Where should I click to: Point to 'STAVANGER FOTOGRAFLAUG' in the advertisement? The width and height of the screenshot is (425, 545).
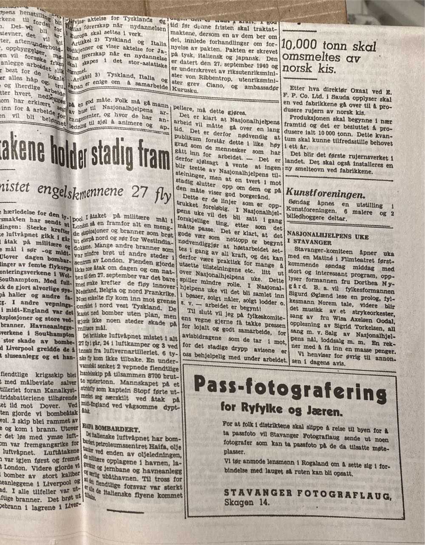[307, 494]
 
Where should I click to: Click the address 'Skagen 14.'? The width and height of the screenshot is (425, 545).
[248, 503]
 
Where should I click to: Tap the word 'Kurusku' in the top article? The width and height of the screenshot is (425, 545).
[184, 90]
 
